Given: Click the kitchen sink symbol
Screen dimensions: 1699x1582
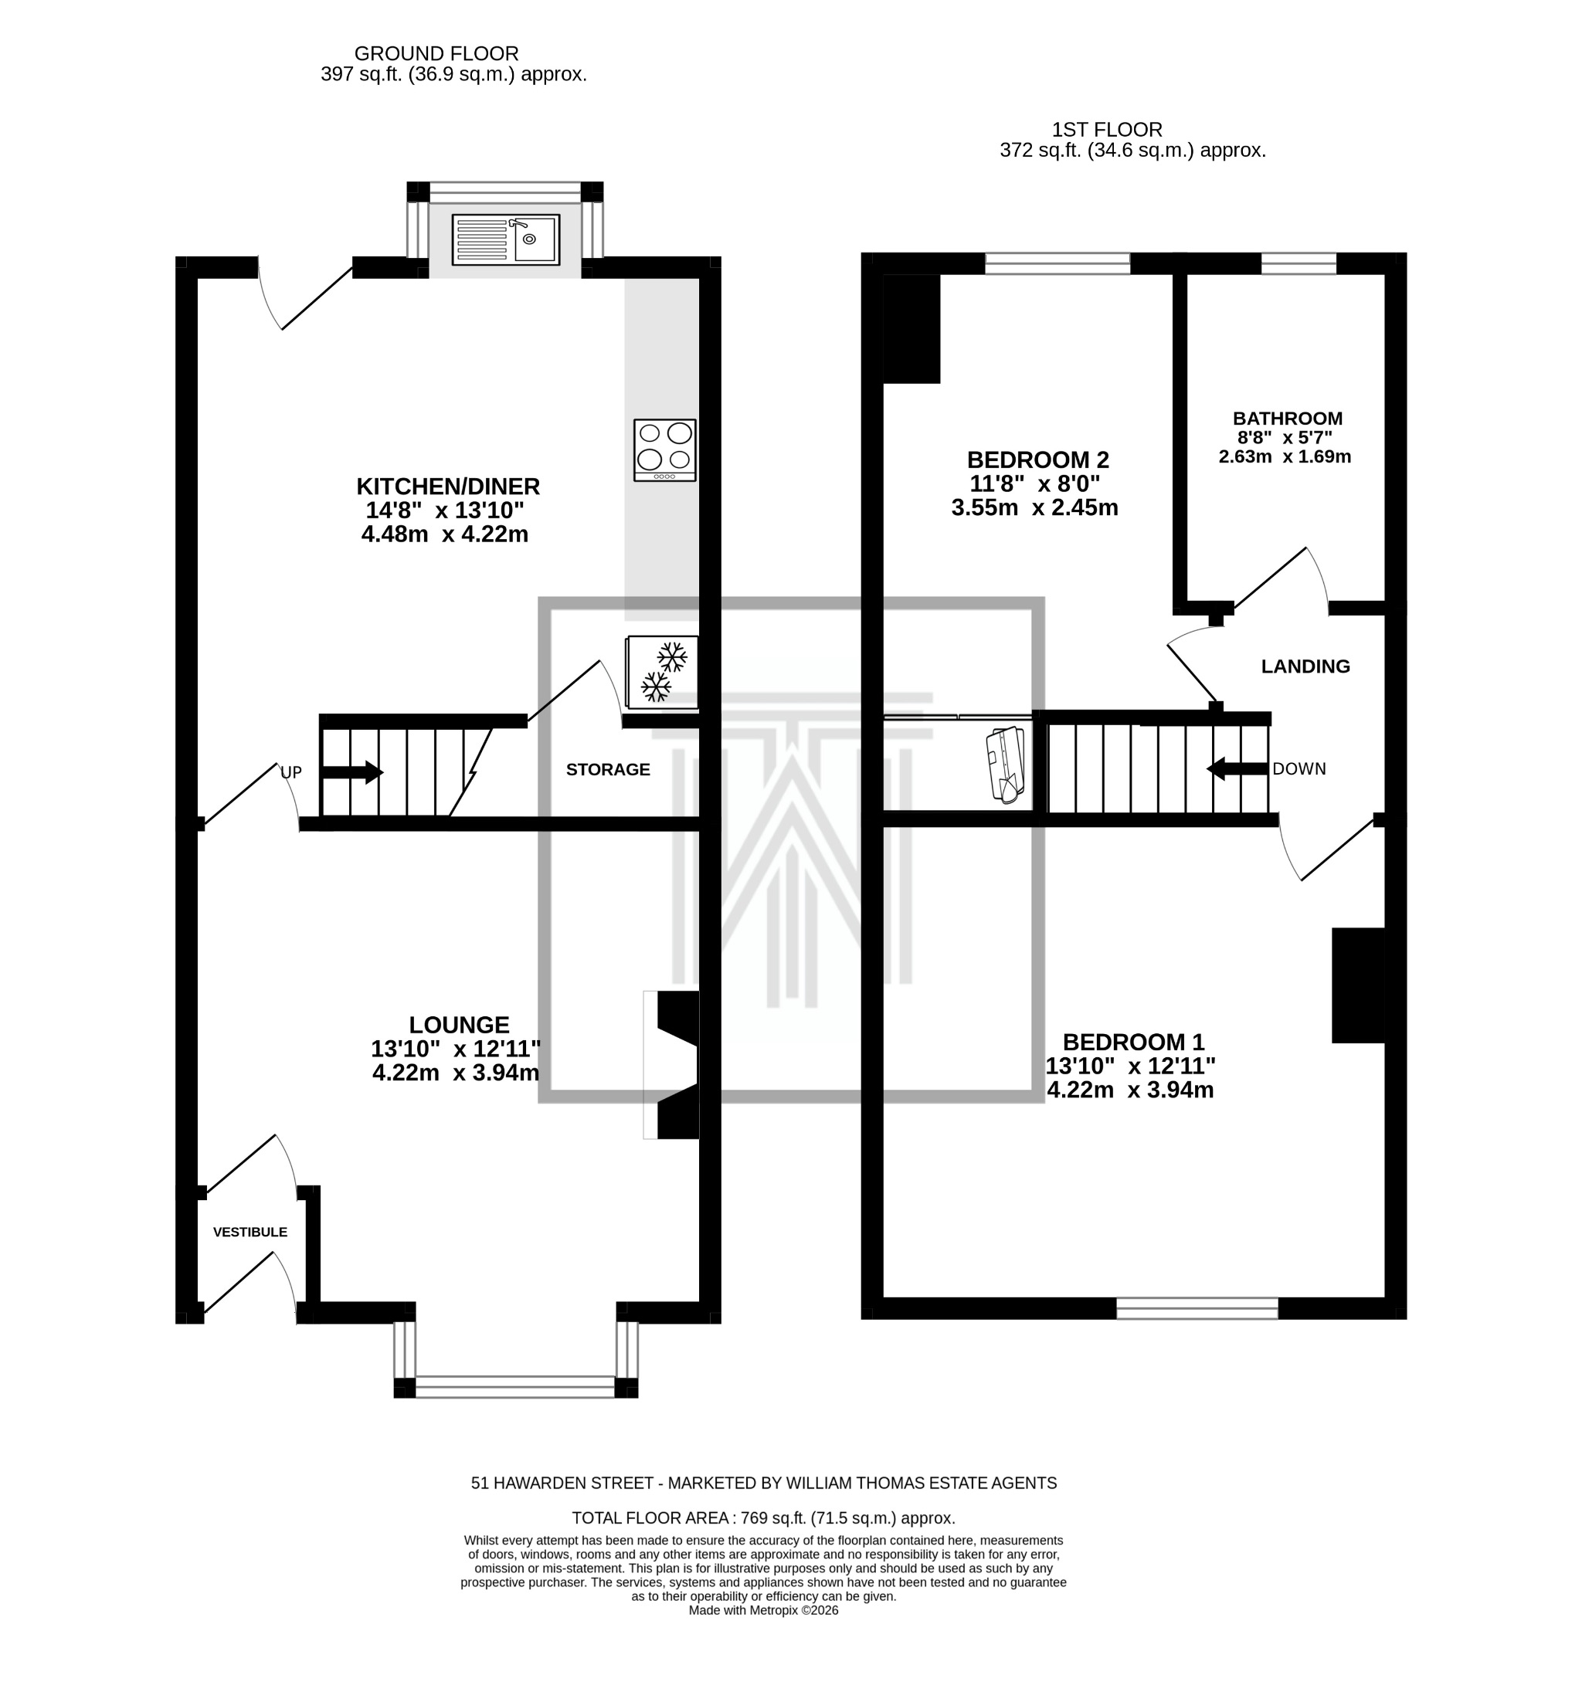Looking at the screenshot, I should [504, 239].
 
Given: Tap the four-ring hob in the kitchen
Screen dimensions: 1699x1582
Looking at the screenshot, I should [664, 449].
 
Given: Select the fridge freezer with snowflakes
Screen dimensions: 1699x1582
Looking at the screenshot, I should [661, 672].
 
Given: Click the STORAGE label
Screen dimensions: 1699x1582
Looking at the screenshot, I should [607, 769].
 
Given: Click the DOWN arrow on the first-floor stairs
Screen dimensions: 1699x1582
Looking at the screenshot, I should [1235, 768].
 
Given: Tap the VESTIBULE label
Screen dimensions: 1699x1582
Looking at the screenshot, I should [250, 1232].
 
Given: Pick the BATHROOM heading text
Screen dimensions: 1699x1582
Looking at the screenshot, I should [1286, 418].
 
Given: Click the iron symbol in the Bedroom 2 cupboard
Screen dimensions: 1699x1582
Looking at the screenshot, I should [1006, 762].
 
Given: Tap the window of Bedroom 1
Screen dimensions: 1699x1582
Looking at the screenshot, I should [1196, 1307].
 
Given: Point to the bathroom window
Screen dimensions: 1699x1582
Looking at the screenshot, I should [1298, 263].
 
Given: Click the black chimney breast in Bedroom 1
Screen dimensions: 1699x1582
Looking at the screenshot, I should [1357, 985].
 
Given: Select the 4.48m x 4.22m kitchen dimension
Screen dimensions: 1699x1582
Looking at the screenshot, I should [444, 535].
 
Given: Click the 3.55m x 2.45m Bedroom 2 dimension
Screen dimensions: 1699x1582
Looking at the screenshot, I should [1034, 507].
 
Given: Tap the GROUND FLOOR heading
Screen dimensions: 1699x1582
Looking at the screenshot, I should [436, 54].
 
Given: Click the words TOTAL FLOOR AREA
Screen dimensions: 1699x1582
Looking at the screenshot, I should [649, 1518].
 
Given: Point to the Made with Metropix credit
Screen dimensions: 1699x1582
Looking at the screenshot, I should [762, 1610].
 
